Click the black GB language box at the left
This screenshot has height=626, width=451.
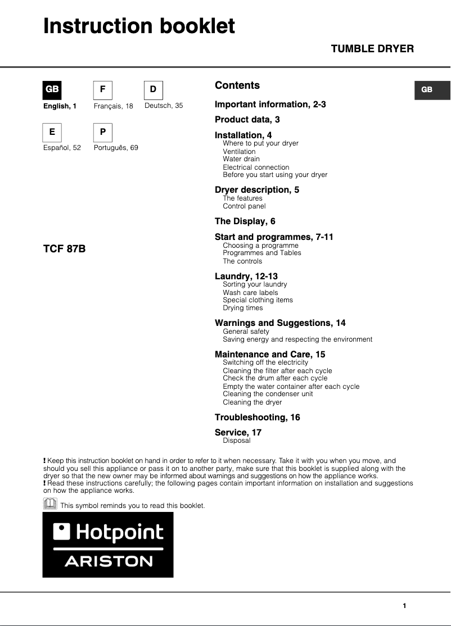coord(52,90)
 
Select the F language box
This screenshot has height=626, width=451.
coord(102,90)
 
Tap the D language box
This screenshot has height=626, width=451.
coord(153,90)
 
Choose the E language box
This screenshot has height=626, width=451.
coord(52,132)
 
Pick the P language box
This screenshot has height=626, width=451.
coord(102,132)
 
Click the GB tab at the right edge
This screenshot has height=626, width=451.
coord(432,90)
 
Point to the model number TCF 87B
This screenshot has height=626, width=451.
coord(65,248)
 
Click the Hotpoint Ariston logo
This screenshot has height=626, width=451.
coord(108,545)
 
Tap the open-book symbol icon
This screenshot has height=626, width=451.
coord(50,503)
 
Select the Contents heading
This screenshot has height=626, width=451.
coord(237,85)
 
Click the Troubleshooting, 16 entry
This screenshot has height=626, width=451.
coord(258,418)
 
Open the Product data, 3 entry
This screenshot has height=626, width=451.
coord(247,120)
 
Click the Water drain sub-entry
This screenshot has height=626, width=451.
coord(241,159)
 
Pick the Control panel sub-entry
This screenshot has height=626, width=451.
coord(244,206)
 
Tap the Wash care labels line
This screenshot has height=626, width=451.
coord(250,293)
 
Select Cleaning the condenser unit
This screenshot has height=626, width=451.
coord(268,394)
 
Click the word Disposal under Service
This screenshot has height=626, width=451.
coord(237,441)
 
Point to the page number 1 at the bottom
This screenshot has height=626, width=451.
coord(404,606)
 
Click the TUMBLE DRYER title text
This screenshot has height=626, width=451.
coord(372,49)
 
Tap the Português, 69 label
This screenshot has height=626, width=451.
coord(116,148)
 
